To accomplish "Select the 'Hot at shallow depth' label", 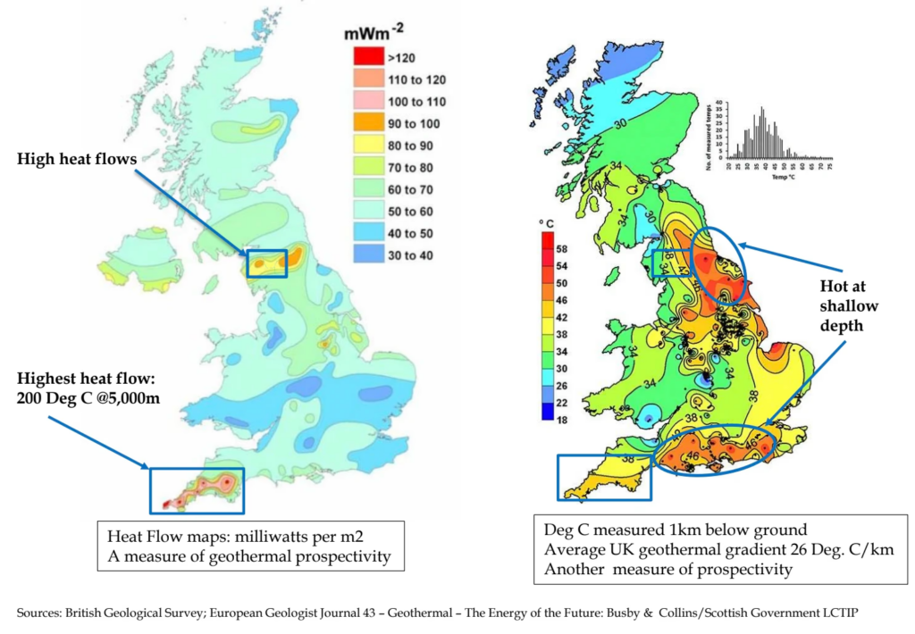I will tap(849, 306).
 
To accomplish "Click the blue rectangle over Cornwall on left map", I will tap(197, 489).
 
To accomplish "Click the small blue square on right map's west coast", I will tap(666, 262).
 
